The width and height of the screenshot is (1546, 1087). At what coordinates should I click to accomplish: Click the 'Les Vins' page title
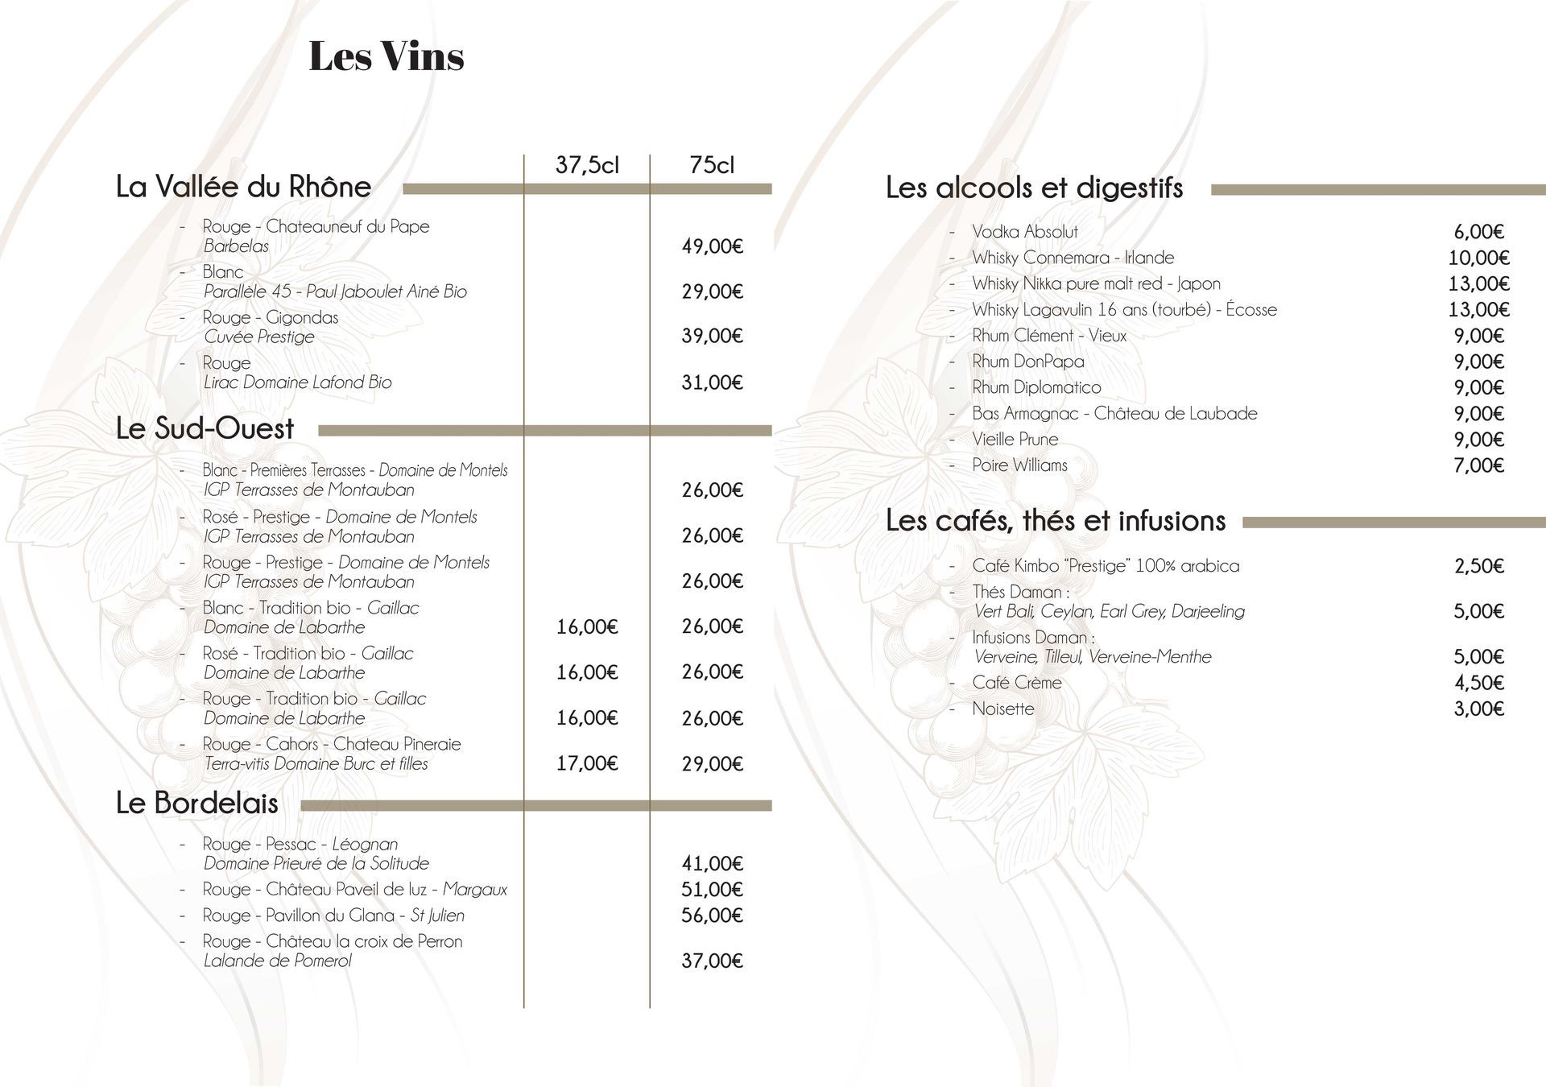pyautogui.click(x=386, y=56)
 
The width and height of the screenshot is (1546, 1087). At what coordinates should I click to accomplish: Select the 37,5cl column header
pyautogui.click(x=587, y=165)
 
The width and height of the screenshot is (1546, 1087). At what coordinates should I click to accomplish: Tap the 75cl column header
pyautogui.click(x=712, y=165)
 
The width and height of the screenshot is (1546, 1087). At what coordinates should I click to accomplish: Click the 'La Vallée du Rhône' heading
pyautogui.click(x=243, y=187)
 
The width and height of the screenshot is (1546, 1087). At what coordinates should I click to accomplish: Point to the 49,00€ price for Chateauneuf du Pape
pyautogui.click(x=712, y=246)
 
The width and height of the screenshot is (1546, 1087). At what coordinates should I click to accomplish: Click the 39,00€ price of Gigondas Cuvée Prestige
pyautogui.click(x=712, y=337)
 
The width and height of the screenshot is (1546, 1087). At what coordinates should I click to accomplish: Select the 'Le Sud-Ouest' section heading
pyautogui.click(x=205, y=428)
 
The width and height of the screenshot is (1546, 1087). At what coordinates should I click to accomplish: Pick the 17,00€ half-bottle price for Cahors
pyautogui.click(x=587, y=763)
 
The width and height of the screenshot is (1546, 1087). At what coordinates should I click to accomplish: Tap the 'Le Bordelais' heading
pyautogui.click(x=197, y=803)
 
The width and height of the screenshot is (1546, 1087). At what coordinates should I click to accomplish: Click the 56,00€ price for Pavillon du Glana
pyautogui.click(x=712, y=915)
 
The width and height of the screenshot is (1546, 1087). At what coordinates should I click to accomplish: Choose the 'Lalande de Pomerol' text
pyautogui.click(x=277, y=961)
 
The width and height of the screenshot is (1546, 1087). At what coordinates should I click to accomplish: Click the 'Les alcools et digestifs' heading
pyautogui.click(x=1034, y=188)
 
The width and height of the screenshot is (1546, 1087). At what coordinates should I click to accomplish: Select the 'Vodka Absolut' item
pyautogui.click(x=1024, y=232)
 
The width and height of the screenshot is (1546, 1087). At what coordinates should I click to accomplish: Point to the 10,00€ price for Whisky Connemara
pyautogui.click(x=1478, y=258)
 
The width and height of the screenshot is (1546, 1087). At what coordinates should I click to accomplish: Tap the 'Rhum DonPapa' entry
pyautogui.click(x=1027, y=362)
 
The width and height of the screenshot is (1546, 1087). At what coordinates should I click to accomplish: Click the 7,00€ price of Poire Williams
pyautogui.click(x=1478, y=465)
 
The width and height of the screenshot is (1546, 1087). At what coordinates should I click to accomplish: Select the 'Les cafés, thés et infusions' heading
pyautogui.click(x=1055, y=521)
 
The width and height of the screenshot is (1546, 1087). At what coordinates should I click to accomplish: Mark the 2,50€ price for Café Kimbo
pyautogui.click(x=1478, y=566)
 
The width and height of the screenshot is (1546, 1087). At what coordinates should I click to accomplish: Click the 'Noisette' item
pyautogui.click(x=1002, y=709)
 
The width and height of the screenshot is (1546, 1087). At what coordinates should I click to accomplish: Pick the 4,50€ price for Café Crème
pyautogui.click(x=1478, y=683)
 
